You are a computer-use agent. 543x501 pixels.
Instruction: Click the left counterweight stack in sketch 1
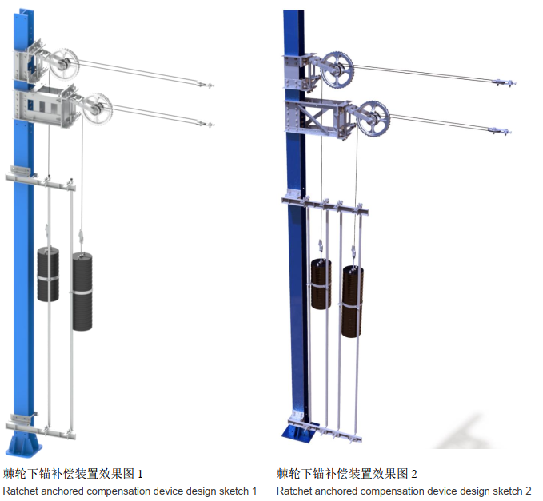[x=48, y=274]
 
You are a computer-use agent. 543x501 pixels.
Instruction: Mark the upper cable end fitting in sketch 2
[x=502, y=82]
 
